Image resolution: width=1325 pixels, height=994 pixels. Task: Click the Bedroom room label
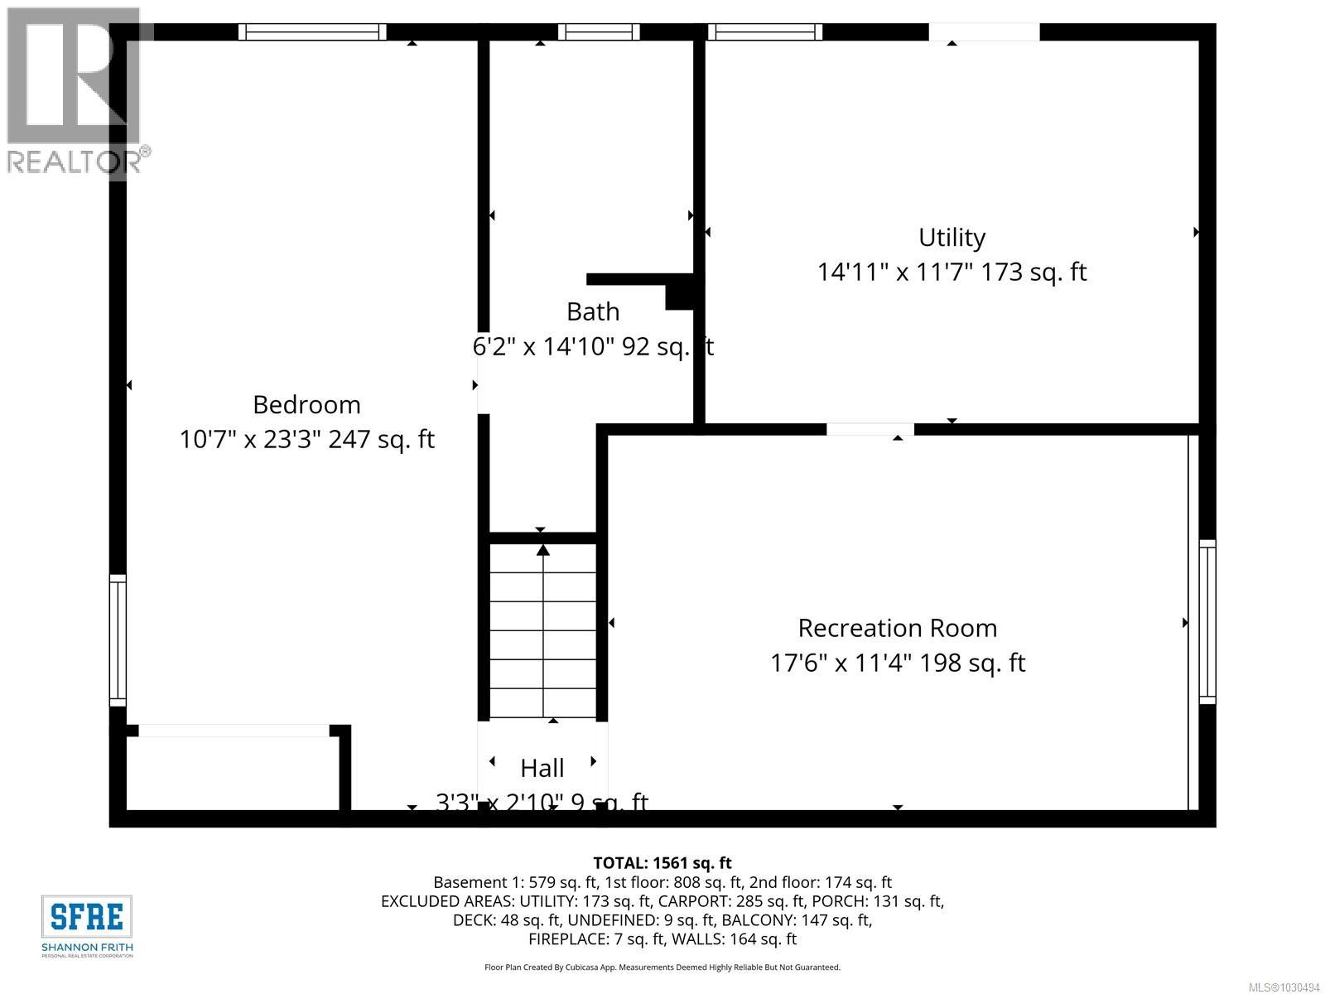(x=306, y=404)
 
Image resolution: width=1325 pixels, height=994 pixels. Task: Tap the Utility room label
(x=952, y=238)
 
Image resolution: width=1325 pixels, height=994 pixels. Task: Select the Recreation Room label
(x=897, y=628)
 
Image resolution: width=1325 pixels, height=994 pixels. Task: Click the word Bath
(x=592, y=311)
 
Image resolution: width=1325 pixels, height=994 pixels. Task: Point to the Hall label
(x=542, y=768)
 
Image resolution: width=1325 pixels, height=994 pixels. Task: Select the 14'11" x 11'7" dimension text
(x=894, y=273)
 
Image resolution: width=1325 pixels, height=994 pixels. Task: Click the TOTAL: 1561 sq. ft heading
(x=662, y=863)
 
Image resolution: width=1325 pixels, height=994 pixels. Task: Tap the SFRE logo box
(x=87, y=917)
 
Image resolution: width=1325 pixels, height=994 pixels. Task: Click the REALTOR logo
(x=75, y=91)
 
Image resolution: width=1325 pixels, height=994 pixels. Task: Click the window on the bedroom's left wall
(x=118, y=640)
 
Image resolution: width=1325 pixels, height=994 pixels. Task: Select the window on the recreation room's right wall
(x=1207, y=621)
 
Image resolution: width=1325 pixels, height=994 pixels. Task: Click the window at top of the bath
(x=598, y=32)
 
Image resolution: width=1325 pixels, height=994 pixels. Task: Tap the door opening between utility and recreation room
(x=870, y=429)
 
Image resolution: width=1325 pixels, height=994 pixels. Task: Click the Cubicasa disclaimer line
(x=662, y=967)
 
